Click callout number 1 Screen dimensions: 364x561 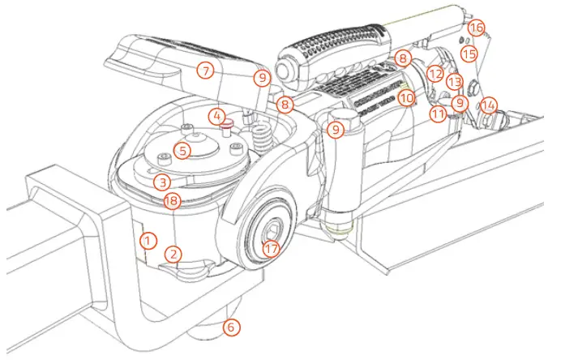(148, 240)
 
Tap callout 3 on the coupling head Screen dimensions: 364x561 (163, 182)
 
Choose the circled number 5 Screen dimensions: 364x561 (184, 150)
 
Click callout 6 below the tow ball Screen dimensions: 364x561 (231, 328)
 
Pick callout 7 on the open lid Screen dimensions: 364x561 (207, 71)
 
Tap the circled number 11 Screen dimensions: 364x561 (438, 114)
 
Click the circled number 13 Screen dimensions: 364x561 (455, 82)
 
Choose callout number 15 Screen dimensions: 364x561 (469, 53)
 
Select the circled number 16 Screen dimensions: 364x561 (477, 28)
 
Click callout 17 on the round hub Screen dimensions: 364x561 (271, 249)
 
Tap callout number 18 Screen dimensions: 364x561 (170, 201)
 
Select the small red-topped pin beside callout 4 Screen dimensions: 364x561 (229, 123)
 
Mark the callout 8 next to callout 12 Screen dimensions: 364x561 (403, 58)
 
